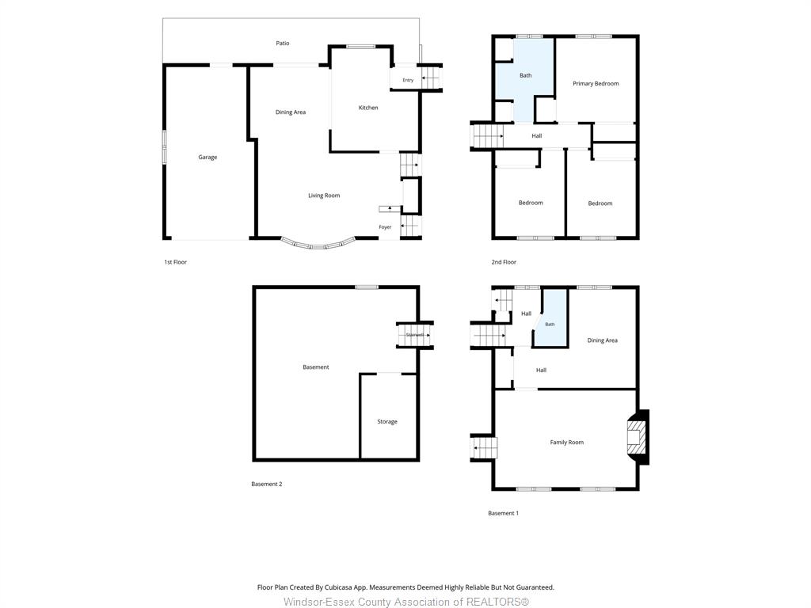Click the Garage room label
point(208,158)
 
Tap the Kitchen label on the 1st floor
point(368,108)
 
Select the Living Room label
point(324,196)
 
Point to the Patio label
point(283,43)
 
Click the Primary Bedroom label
point(596,83)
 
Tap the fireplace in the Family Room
point(638,437)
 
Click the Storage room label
point(386,421)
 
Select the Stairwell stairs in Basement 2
point(413,335)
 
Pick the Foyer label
point(385,227)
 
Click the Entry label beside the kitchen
point(408,80)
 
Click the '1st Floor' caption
point(175,262)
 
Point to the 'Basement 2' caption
point(266,484)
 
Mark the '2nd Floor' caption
point(504,262)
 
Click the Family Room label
point(566,442)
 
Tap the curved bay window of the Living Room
point(318,245)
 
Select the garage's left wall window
point(165,146)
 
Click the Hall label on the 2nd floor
point(536,136)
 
